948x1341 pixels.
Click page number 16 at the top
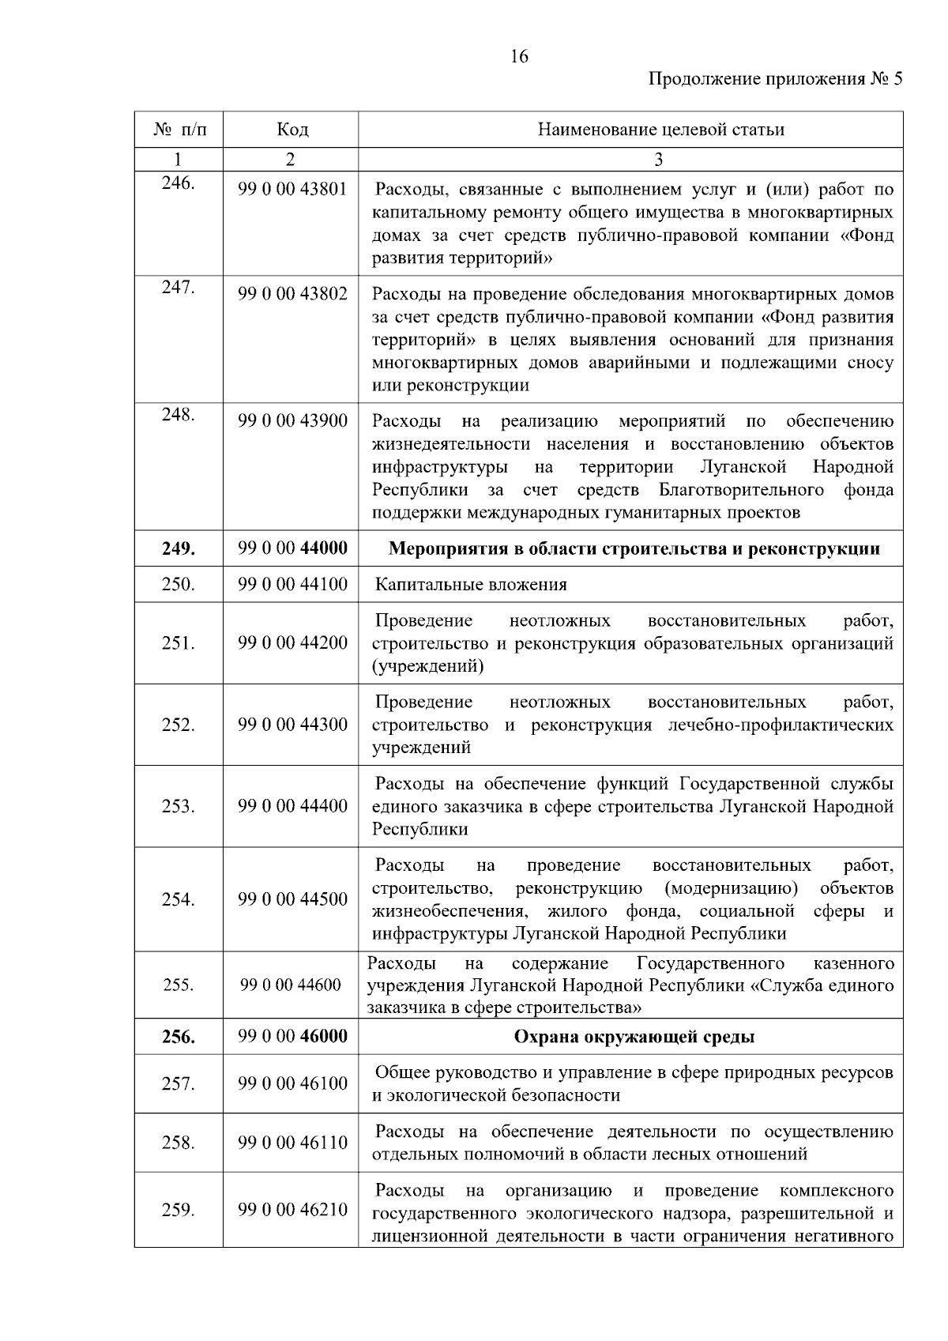click(x=519, y=57)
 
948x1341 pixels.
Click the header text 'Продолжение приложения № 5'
click(x=774, y=79)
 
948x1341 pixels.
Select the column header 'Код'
click(x=292, y=130)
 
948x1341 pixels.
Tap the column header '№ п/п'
click(x=179, y=130)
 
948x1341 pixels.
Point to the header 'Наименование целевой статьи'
click(x=660, y=130)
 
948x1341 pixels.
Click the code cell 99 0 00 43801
click(x=292, y=190)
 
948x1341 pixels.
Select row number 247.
click(x=178, y=288)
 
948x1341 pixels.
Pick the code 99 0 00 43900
click(x=292, y=421)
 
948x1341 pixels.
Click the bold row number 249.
click(x=178, y=549)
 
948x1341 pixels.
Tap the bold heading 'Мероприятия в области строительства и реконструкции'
click(x=634, y=549)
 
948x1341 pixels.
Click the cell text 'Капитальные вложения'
click(x=471, y=585)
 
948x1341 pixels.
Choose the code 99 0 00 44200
click(x=292, y=643)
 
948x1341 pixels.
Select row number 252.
click(x=178, y=725)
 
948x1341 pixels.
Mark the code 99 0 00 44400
click(x=292, y=807)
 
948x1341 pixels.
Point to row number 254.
click(x=178, y=900)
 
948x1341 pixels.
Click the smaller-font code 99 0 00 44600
click(x=291, y=985)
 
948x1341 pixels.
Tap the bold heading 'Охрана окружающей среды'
click(x=634, y=1037)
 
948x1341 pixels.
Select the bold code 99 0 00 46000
click(x=292, y=1037)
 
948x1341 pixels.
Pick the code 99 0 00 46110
click(x=292, y=1143)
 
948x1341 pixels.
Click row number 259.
click(x=178, y=1211)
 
